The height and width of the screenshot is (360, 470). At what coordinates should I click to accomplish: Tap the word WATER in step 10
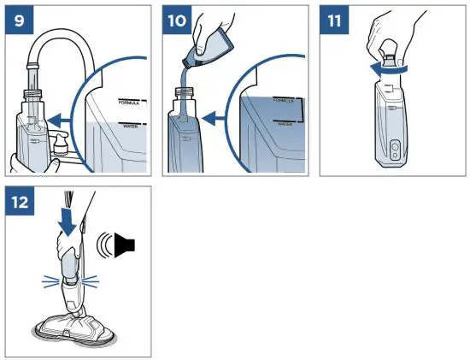click(285, 122)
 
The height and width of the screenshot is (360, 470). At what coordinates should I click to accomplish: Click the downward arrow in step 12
click(66, 221)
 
